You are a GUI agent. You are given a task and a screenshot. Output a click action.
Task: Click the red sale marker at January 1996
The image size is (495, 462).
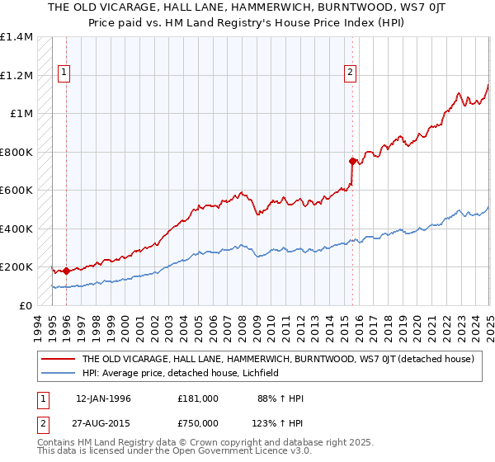[66, 271]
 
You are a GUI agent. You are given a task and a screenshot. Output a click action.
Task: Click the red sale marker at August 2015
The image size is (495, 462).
[352, 161]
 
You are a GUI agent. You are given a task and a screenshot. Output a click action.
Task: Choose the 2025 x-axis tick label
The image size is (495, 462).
[489, 325]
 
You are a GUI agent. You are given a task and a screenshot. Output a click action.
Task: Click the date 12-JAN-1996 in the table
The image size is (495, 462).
[103, 398]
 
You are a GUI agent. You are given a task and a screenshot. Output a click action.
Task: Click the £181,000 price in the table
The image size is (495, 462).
[198, 398]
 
